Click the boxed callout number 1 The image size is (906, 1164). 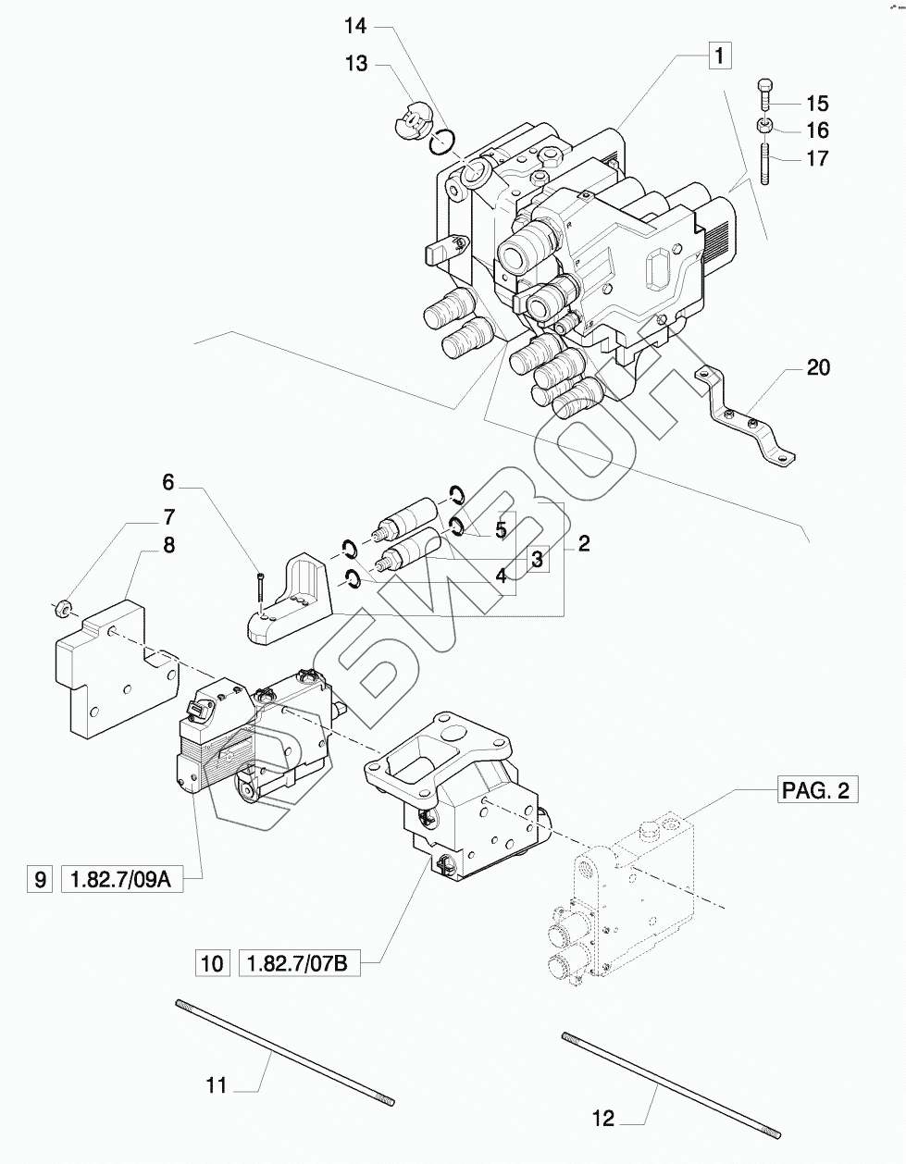tap(720, 56)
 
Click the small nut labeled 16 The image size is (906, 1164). tap(765, 127)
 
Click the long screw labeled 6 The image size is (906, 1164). tap(260, 592)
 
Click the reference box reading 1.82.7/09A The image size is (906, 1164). tap(121, 880)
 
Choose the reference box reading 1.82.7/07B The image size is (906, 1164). tap(299, 963)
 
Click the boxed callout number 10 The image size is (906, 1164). tap(212, 963)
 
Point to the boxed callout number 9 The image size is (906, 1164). tap(40, 880)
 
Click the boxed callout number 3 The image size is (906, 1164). tap(538, 559)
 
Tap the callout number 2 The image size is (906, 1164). tap(583, 543)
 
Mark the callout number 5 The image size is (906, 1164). tap(500, 530)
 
